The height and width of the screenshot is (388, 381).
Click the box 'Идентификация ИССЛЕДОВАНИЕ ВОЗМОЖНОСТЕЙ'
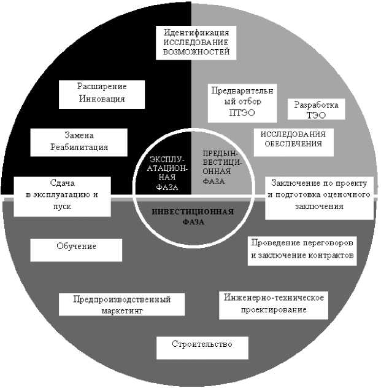coord(192,42)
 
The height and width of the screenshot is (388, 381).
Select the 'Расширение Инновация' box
coord(102,92)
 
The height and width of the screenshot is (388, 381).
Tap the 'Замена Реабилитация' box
coord(79,141)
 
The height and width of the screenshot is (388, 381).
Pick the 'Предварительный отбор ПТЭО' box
coord(241,101)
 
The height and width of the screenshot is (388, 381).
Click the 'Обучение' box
coord(76,247)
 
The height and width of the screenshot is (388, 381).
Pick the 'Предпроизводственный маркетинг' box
coord(121,305)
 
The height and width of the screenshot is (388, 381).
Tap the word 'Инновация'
coord(102,98)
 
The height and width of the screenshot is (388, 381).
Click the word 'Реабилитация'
coord(79,147)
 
